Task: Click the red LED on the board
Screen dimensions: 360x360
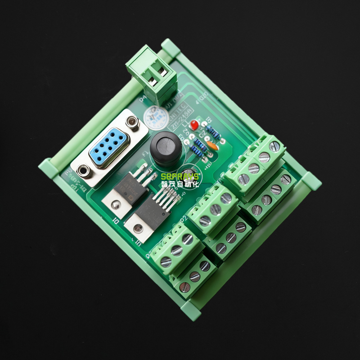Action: click(194, 124)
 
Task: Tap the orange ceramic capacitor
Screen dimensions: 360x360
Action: click(213, 146)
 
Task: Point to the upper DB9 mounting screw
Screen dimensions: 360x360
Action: click(132, 121)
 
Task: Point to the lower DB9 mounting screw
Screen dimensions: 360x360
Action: click(83, 171)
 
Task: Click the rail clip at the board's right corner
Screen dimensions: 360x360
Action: click(311, 181)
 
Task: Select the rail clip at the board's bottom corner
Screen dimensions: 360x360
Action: click(191, 310)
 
